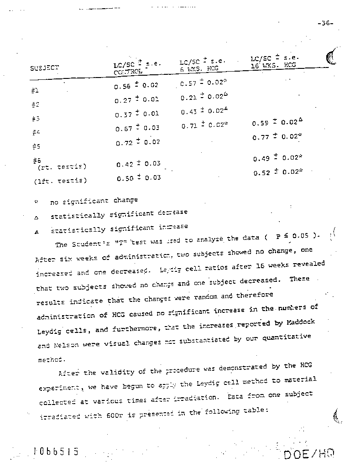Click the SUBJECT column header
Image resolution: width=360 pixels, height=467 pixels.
tap(45, 68)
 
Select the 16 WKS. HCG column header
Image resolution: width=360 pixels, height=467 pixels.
tap(273, 65)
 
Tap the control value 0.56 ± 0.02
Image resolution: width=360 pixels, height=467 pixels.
tap(136, 85)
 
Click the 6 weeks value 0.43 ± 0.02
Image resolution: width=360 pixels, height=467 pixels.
tap(204, 111)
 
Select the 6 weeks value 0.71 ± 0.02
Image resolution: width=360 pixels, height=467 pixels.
tap(204, 126)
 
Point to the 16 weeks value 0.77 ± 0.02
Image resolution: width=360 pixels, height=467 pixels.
tap(276, 136)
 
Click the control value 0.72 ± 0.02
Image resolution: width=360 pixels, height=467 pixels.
tap(137, 143)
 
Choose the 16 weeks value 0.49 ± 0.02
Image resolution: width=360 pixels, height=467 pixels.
tap(276, 158)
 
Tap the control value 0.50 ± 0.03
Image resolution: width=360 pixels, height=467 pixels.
tap(138, 178)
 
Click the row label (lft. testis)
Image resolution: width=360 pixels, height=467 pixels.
tap(60, 180)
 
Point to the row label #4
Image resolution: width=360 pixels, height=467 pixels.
tap(37, 133)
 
